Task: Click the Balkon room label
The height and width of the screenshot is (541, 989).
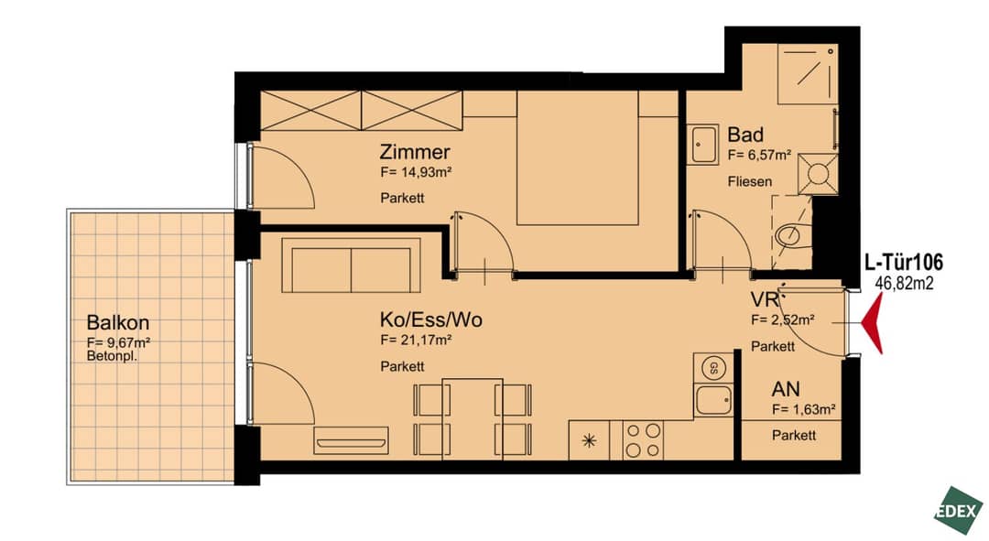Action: pos(118,323)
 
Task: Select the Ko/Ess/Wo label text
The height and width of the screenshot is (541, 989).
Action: pos(430,319)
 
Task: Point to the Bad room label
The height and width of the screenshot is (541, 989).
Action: pos(744,135)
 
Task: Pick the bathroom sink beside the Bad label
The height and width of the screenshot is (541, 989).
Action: pos(702,145)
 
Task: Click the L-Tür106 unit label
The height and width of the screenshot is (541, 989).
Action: pos(903,263)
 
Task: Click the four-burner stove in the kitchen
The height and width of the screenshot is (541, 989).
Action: pos(643,440)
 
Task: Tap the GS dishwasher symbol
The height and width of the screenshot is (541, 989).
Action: pos(713,368)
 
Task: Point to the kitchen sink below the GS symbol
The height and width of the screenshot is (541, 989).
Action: pos(713,400)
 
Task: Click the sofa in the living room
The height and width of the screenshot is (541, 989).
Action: pos(351,265)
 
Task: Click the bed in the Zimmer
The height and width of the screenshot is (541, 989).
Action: pos(577,157)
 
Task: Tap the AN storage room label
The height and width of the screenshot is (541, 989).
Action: pos(786,389)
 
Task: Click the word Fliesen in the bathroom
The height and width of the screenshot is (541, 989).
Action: pos(749,181)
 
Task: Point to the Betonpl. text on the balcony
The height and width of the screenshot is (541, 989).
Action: pos(113,356)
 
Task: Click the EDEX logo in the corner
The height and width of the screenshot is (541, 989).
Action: pos(959,511)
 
